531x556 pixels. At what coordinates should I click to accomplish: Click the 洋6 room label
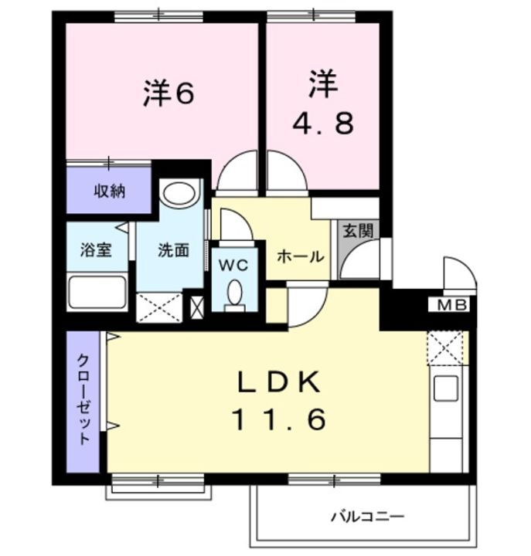pos(168,93)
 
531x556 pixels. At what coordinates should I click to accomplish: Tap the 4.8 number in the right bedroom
pos(324,122)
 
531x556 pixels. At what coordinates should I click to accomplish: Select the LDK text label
pos(277,382)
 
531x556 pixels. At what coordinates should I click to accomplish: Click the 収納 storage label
pos(110,191)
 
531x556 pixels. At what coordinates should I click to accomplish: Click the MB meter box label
pos(453,305)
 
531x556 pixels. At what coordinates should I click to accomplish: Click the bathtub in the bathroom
pos(97,293)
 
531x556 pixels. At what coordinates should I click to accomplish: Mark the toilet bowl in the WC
pos(234,294)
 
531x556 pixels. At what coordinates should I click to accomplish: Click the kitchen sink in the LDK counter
pos(446,388)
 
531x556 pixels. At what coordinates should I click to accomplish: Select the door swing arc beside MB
pos(457,273)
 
